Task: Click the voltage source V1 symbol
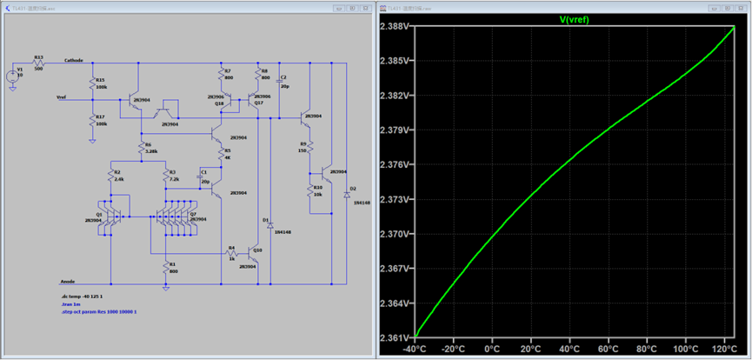[12, 76]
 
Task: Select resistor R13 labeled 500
[38, 63]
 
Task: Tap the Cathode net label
[74, 61]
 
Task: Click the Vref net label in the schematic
[62, 97]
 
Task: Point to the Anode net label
[67, 280]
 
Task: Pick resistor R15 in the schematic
[92, 83]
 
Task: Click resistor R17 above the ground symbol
[92, 119]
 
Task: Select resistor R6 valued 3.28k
[140, 147]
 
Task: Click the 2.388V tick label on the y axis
[395, 27]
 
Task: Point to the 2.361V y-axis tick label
[395, 337]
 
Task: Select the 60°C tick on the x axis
[607, 349]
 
